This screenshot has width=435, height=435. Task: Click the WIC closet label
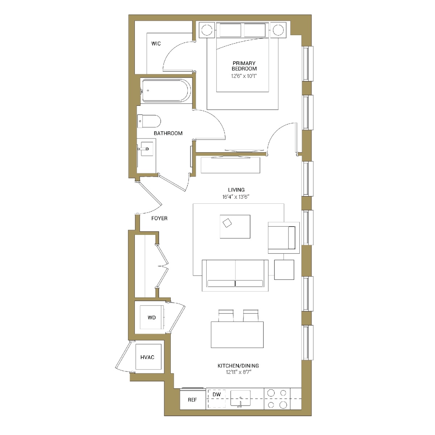click(156, 43)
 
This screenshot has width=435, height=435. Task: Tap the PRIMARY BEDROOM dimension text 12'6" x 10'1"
click(244, 76)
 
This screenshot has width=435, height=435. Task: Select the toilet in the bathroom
click(149, 121)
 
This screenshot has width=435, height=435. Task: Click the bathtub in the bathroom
click(166, 91)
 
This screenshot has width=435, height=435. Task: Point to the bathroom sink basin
click(147, 149)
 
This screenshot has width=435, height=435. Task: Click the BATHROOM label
click(168, 133)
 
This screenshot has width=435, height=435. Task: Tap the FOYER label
click(159, 218)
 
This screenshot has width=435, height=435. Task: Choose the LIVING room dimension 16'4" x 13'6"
click(236, 197)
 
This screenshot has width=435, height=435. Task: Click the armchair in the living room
click(284, 238)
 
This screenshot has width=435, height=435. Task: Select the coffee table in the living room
click(235, 227)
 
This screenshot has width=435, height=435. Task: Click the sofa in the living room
click(235, 275)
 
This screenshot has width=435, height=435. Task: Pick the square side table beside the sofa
click(284, 270)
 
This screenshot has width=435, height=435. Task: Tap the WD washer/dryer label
click(152, 318)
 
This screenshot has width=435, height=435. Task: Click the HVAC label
click(148, 357)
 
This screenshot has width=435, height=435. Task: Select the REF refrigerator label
click(192, 400)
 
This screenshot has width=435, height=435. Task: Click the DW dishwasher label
click(217, 395)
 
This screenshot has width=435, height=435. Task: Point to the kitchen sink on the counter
click(240, 399)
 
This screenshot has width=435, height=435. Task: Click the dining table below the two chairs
click(237, 335)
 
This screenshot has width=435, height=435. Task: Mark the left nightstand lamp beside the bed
click(207, 30)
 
